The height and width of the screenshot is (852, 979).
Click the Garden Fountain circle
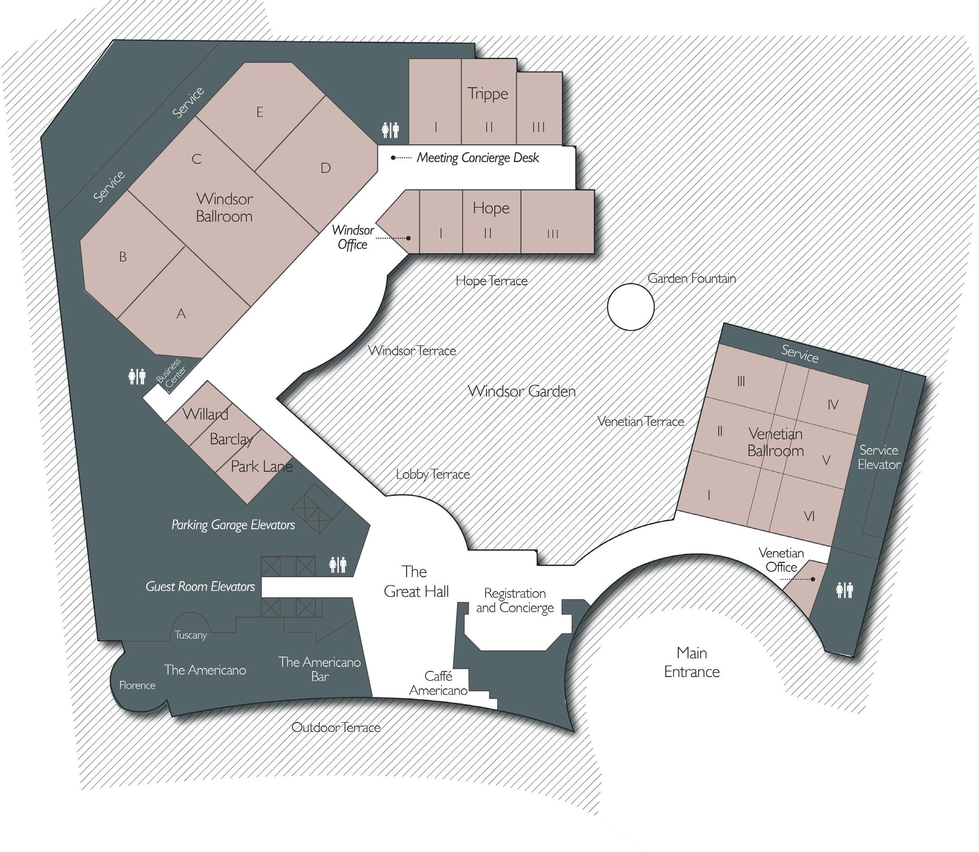pos(631,307)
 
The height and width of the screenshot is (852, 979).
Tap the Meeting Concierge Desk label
pos(477,158)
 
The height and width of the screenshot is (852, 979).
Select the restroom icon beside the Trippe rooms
pos(390,129)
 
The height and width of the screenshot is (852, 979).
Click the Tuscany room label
pos(191,635)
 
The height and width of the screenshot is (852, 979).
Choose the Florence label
pos(137,685)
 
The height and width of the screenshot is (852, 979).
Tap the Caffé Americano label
pos(438,683)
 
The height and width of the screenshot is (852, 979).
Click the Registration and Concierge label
pos(515,600)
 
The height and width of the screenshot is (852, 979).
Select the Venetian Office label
pos(781,560)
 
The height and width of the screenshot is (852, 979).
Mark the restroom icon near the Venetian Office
pos(844,590)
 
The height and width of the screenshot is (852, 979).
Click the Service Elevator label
pos(879,457)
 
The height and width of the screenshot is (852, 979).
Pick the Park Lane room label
pos(261,466)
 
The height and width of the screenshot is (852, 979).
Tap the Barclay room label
pos(231,439)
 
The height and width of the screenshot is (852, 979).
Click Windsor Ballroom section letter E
pos(260,112)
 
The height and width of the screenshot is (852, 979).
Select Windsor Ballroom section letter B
pos(123,257)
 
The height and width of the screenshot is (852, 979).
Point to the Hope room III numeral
pos(552,234)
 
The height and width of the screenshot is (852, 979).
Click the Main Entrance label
pos(692,662)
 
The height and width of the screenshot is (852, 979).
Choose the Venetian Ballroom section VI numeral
pos(809,516)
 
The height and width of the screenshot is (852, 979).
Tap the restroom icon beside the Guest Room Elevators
pos(338,565)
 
